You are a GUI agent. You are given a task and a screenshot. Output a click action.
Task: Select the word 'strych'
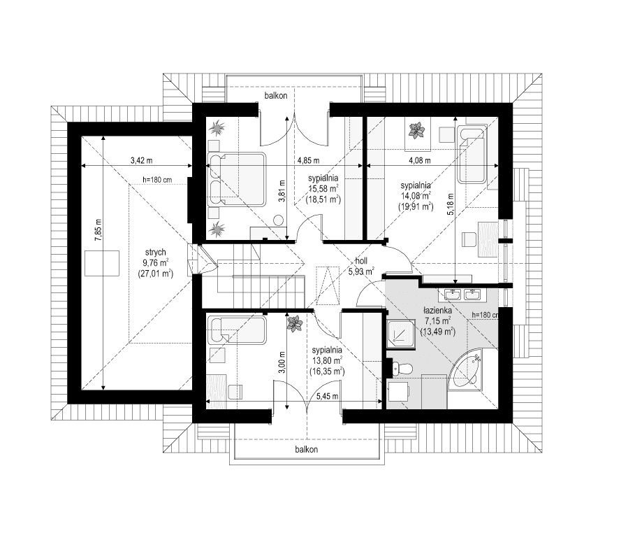coord(156,253)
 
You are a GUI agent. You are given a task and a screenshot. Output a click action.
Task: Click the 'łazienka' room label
coord(437,309)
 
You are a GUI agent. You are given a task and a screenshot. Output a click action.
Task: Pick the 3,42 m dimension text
coord(142,160)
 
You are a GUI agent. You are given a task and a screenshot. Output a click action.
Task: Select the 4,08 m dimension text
coord(420,160)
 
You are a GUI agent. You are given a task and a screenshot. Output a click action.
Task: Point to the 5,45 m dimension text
coord(326,396)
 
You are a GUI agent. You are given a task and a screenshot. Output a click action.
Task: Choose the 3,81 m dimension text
coord(282,190)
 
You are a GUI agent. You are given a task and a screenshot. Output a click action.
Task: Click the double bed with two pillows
coord(238,179)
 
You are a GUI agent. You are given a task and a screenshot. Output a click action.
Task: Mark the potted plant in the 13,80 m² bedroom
coord(295,323)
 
